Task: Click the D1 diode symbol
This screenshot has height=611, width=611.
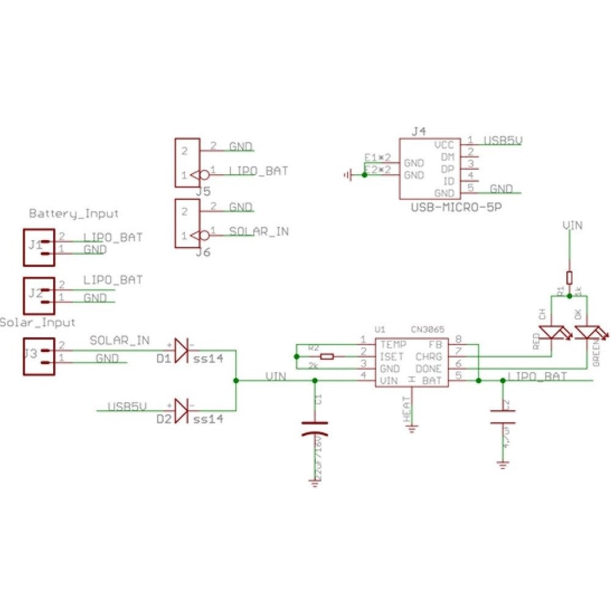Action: click(181, 350)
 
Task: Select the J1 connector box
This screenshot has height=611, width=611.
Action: click(38, 247)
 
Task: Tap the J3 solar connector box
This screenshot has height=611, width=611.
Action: click(38, 356)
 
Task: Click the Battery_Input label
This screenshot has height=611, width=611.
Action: click(73, 214)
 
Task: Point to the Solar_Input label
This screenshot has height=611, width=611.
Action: click(38, 322)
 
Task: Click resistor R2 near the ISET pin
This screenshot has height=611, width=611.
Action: click(327, 356)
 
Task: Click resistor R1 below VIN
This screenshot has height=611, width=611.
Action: click(569, 277)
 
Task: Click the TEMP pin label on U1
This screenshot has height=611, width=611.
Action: click(392, 344)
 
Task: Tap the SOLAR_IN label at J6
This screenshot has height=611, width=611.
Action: click(258, 232)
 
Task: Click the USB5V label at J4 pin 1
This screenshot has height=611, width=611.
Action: click(502, 141)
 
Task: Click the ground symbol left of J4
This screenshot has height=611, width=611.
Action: click(348, 176)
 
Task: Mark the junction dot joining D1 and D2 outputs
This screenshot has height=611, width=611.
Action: click(236, 380)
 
